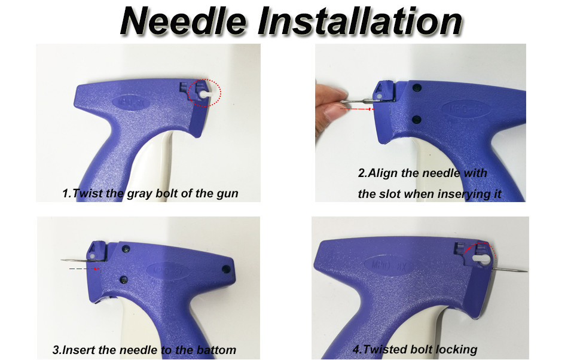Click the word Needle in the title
pyautogui.click(x=182, y=22)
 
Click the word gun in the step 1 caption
pyautogui.click(x=228, y=194)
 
